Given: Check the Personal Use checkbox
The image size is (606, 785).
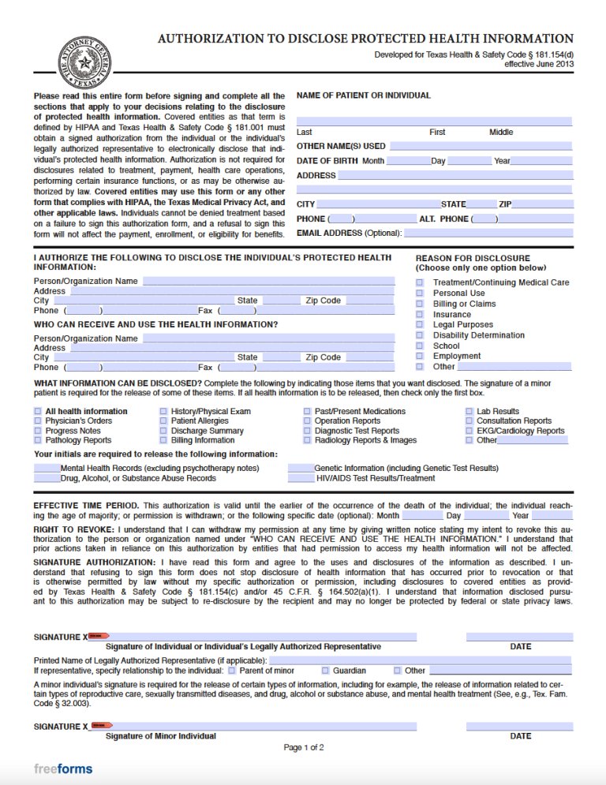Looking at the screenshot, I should [x=420, y=293].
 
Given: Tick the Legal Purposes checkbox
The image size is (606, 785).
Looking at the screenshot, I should [x=420, y=324].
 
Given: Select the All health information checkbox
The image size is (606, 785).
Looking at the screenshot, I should [x=38, y=411].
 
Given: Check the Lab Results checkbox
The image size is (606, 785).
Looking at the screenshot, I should [x=469, y=411].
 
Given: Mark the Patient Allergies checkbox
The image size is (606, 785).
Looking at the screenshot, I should [x=163, y=421].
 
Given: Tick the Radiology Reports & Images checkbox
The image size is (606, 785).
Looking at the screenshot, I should [x=307, y=440].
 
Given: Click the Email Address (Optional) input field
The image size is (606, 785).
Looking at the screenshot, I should [x=488, y=234].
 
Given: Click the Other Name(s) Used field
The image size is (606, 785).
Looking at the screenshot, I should [x=481, y=146].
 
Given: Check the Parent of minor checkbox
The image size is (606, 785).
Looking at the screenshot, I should [x=232, y=671].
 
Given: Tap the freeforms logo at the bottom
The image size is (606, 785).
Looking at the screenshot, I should [x=63, y=768].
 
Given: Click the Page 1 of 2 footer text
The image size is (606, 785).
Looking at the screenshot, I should [x=304, y=747].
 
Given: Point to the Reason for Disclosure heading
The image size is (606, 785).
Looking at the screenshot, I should [x=473, y=258].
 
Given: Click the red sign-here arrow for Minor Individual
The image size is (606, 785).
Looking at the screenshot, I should [x=102, y=725].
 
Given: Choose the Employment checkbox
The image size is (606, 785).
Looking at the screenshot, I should [x=420, y=356].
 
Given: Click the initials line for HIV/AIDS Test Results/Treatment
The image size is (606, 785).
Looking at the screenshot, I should [x=301, y=478].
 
